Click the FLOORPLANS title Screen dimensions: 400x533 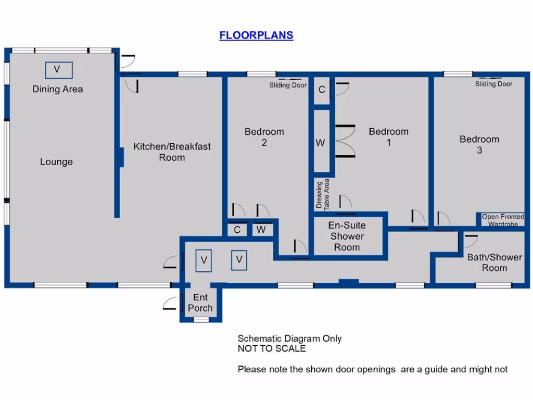coord(256,35)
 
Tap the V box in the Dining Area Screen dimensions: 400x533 coord(58,70)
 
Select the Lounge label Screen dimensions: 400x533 coord(56,162)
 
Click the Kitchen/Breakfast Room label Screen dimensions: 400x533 coord(172,152)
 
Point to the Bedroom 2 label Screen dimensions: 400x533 coord(264,137)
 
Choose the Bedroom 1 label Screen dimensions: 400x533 coord(388,137)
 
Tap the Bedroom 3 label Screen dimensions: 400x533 coord(479,145)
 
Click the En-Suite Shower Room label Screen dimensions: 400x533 coord(347,236)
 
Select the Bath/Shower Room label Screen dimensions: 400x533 coord(494,262)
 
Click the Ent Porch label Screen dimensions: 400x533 coord(200,303)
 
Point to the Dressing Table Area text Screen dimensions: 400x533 coord(323,194)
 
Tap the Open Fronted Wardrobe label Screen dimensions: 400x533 coord(503,220)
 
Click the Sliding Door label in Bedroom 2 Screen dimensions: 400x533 coord(288,85)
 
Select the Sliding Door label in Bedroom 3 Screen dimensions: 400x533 coord(493,84)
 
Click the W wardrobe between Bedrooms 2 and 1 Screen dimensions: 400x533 coord(321,143)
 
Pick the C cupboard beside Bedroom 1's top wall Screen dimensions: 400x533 coord(322,90)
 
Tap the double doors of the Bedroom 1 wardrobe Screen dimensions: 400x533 coord(345,141)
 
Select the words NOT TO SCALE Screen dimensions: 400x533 coord(272,348)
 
